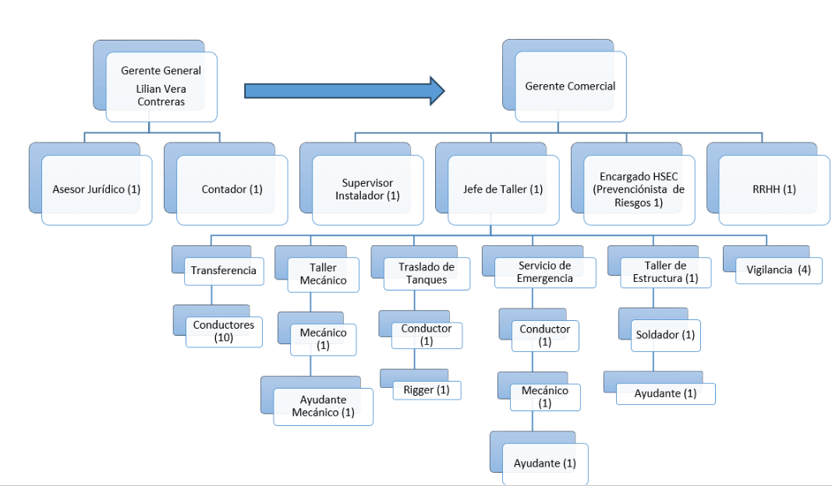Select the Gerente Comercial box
(570, 86)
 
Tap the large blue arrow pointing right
(344, 90)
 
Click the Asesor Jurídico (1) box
(97, 189)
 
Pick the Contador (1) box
(232, 189)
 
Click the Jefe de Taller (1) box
(503, 189)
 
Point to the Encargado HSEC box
(638, 189)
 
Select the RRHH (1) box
(773, 189)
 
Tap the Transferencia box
(224, 271)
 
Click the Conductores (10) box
(224, 331)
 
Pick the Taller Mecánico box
(323, 273)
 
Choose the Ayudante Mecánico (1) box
(323, 406)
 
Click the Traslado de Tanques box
(427, 273)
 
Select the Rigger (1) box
(427, 389)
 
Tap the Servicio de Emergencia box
(545, 272)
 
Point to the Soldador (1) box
(666, 335)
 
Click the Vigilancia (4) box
(779, 271)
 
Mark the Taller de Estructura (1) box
(666, 272)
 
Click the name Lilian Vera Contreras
(161, 95)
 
